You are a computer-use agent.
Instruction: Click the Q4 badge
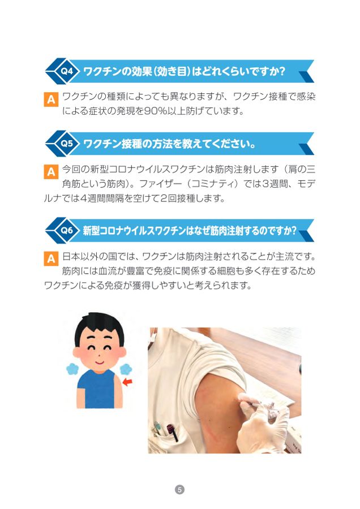67,71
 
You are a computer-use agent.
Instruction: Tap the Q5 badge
67,143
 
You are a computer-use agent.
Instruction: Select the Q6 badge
67,230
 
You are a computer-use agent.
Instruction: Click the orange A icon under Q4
51,99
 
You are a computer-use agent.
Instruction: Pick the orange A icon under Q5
51,171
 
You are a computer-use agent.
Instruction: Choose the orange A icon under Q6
51,258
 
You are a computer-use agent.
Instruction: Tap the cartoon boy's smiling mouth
99,361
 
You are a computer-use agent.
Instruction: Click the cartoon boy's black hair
98,326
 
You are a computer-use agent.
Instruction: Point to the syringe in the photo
260,404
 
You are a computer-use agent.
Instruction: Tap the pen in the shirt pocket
172,431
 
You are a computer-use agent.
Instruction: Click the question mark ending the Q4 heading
282,71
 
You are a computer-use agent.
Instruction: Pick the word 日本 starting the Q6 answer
71,256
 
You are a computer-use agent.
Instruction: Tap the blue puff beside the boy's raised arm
126,369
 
